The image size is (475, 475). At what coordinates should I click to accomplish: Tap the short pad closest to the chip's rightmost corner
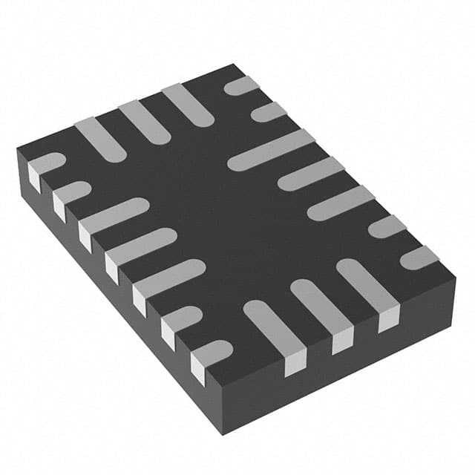(x=419, y=257)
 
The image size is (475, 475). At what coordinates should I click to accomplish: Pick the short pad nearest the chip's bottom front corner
(x=212, y=352)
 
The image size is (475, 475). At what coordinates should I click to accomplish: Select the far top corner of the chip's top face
(x=236, y=65)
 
